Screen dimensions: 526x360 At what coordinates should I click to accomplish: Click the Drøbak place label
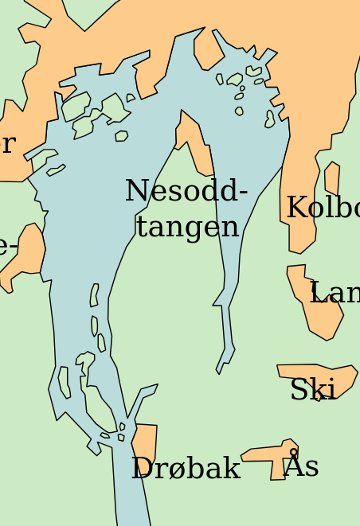186,469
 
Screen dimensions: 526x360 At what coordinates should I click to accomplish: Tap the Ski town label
312,391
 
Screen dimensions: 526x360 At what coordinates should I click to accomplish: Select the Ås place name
301,466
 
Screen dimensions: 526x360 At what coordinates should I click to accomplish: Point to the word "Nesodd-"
186,192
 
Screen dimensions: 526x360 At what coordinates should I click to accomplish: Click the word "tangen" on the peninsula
187,226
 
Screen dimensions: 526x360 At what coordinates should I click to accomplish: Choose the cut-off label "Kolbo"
323,208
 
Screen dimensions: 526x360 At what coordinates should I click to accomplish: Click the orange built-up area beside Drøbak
146,442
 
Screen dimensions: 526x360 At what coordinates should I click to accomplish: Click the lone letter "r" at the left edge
8,145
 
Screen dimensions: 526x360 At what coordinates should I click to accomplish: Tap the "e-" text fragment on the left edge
8,247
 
